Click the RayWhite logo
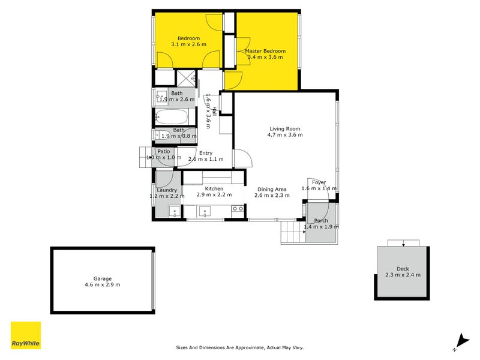pos(26,335)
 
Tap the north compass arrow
pos(461,340)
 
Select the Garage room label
pos(102,278)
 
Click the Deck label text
pos(403,269)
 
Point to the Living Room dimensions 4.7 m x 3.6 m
pos(285,135)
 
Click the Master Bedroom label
pos(265,52)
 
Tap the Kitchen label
pos(214,189)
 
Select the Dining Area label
pos(270,189)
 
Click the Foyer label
pos(319,182)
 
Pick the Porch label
pos(321,221)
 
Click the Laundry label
pos(167,190)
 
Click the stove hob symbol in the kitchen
pos(238,209)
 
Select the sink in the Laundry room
pos(175,211)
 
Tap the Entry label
pos(206,153)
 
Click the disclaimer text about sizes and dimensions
pos(244,347)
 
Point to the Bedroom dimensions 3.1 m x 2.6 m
pos(188,45)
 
